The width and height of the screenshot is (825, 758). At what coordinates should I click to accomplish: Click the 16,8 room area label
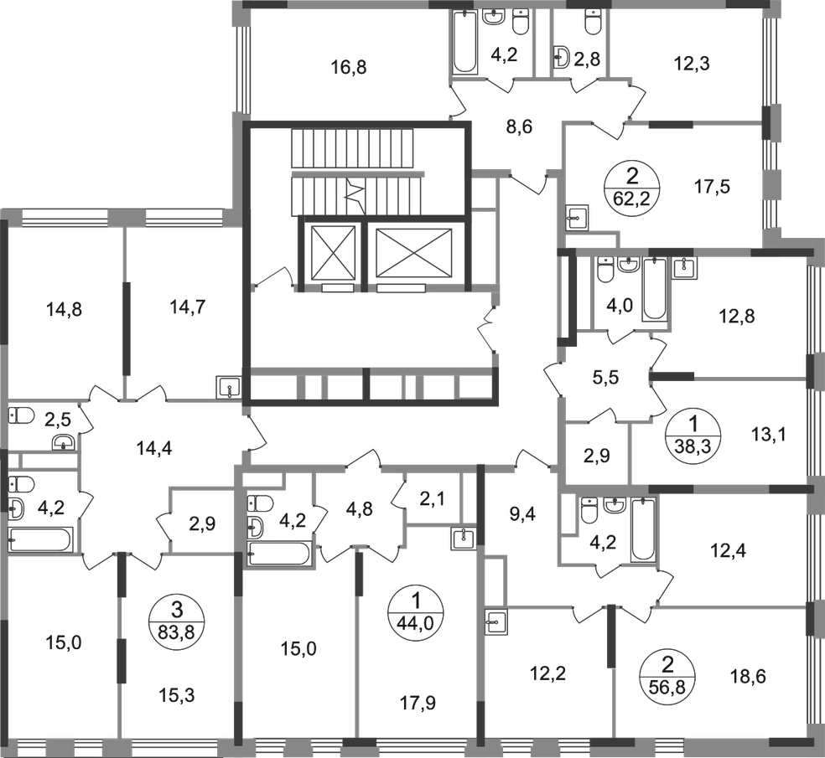tap(348, 67)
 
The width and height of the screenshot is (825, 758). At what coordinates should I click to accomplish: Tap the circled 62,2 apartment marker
tap(632, 187)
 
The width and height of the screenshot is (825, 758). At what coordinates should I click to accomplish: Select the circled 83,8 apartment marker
tap(177, 621)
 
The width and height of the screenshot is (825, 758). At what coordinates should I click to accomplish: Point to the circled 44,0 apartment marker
tap(416, 612)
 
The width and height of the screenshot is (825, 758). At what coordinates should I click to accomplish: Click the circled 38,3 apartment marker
tap(693, 434)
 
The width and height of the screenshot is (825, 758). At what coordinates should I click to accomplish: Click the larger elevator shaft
tap(415, 252)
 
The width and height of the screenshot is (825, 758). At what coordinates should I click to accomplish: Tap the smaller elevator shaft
tap(333, 252)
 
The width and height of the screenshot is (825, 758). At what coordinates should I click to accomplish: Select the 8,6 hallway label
tap(519, 126)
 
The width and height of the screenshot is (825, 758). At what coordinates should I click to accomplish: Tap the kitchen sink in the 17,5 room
tap(578, 218)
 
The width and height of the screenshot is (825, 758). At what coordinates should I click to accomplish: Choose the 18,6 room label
tap(747, 676)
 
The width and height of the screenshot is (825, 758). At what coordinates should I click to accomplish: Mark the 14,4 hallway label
tap(153, 448)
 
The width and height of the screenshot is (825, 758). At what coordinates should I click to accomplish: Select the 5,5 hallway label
tap(605, 378)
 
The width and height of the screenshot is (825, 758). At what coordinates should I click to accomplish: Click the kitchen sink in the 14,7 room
tap(229, 389)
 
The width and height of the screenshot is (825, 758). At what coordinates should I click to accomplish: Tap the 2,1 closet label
tap(432, 498)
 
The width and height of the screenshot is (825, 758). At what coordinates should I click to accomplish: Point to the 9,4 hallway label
tap(522, 514)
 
